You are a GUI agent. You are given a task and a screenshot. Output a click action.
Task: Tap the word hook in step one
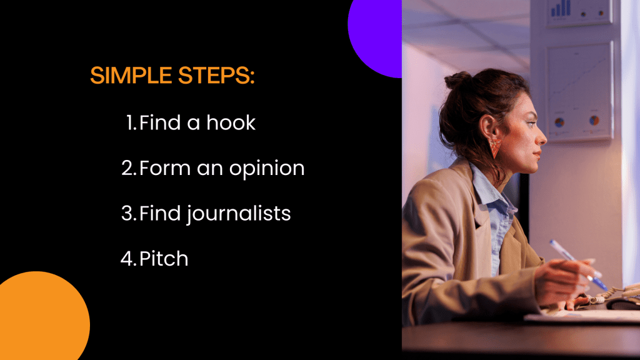pos(231,122)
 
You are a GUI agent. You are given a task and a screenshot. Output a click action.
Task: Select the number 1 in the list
pos(131,123)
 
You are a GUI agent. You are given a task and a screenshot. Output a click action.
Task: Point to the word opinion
pos(267,169)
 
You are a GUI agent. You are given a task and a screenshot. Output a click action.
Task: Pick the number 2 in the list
pos(129,168)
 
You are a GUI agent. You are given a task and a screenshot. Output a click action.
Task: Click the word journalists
pos(239,214)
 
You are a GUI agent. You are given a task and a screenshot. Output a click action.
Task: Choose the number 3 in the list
pos(129,214)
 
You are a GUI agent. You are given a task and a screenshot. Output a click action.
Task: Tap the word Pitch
pos(164,258)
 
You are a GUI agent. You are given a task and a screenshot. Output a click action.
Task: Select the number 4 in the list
pos(128,259)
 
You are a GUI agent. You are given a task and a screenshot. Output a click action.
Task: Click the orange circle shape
pos(41,316)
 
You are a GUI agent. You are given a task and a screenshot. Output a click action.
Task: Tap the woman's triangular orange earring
pos(495,147)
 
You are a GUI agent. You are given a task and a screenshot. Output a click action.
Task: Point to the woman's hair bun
pos(458,80)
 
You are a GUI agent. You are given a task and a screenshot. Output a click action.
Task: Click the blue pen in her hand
pos(578,264)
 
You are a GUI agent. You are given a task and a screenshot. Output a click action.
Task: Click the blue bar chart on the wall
pos(561,9)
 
